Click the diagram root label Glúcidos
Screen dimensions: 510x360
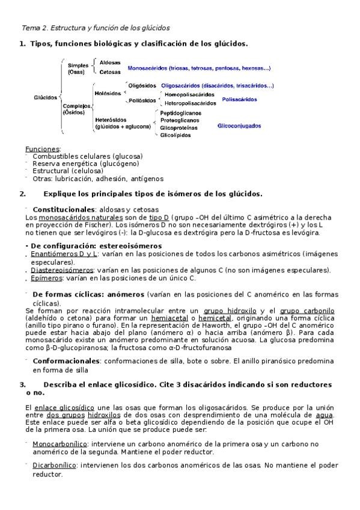tap(46, 97)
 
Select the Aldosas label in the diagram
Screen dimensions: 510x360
tap(110, 62)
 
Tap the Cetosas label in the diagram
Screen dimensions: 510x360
tap(110, 72)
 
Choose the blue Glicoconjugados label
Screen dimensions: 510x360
tap(239, 126)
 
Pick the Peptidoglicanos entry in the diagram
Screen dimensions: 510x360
tap(180, 112)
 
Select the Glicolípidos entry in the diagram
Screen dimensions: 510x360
tap(175, 135)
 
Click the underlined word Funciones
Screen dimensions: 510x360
tap(42, 149)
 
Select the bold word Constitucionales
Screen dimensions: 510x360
tap(64, 209)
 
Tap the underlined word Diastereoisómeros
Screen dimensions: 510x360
tap(59, 270)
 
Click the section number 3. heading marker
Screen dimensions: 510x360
tap(23, 384)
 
